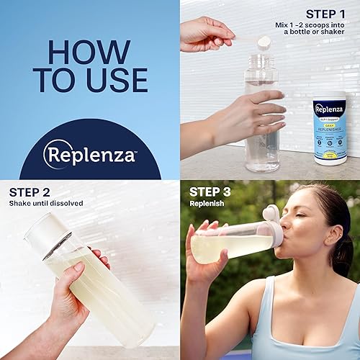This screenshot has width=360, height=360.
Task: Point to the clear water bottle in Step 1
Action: (x=262, y=122)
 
